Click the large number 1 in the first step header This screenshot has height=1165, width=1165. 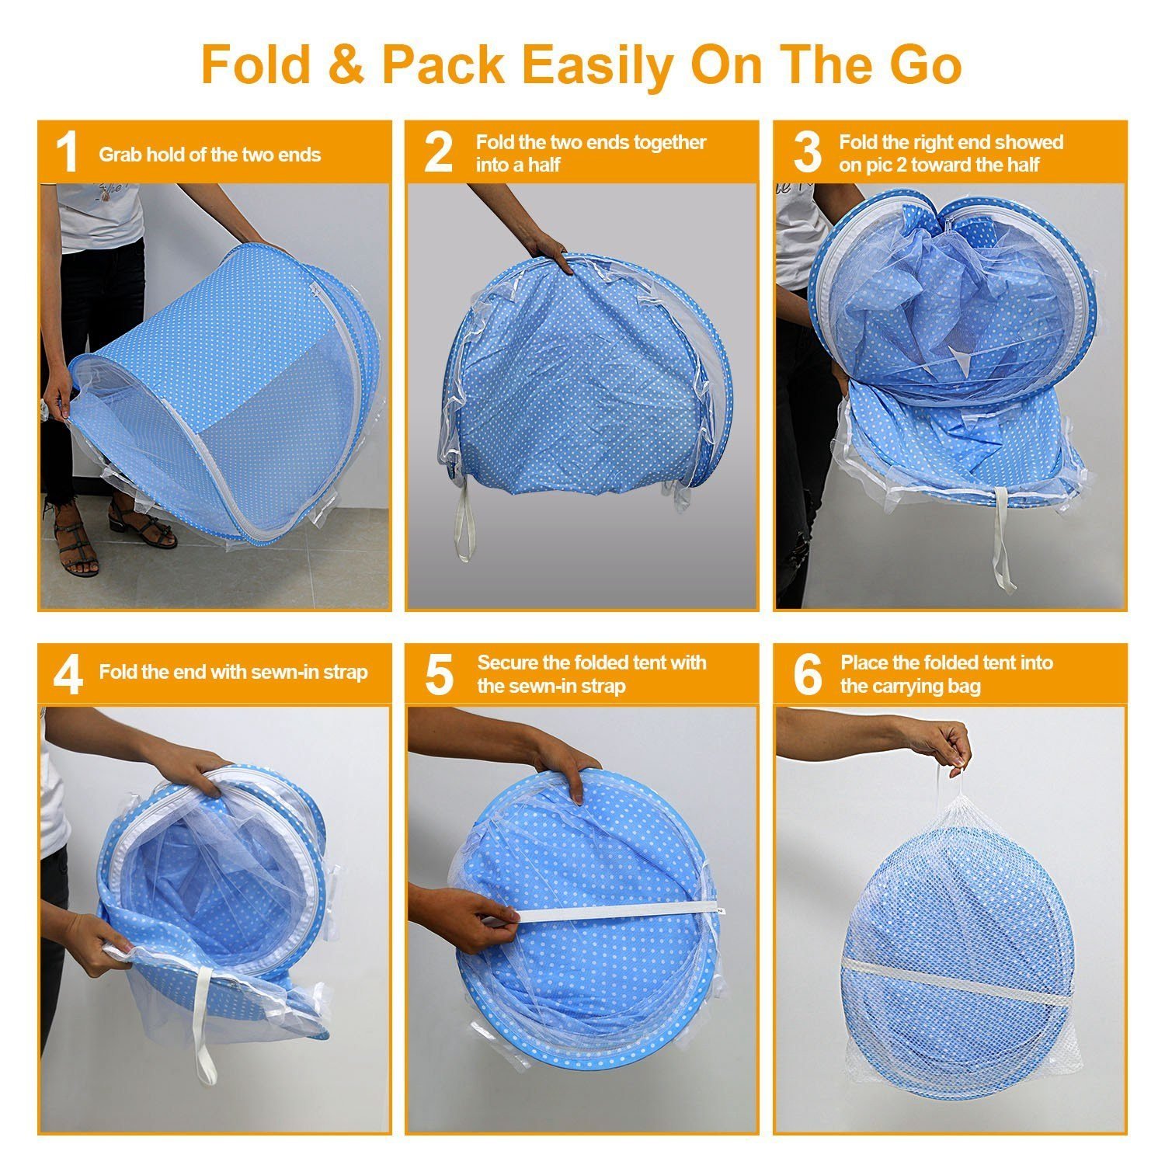(x=68, y=152)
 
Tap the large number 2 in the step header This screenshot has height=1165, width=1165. (x=438, y=152)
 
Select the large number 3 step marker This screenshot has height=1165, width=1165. (x=808, y=152)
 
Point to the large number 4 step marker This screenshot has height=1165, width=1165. (x=68, y=674)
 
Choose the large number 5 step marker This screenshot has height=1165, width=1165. (x=439, y=674)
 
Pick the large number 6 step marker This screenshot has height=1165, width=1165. (x=808, y=674)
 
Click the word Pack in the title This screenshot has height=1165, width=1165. (x=443, y=64)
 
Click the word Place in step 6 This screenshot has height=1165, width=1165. (x=865, y=663)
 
